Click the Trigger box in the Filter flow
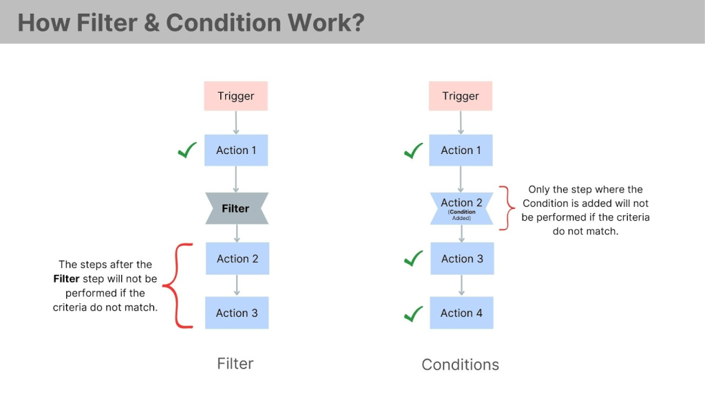tap(235, 96)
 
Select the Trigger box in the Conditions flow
tap(461, 96)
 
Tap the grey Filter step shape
tap(236, 208)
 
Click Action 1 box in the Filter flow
tap(236, 150)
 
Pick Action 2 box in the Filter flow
tap(237, 258)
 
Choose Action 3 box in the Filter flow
tap(237, 313)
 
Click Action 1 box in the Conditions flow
tap(461, 150)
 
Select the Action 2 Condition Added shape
tap(461, 208)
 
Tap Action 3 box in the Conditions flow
tap(461, 258)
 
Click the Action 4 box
tap(461, 313)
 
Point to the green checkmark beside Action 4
tap(413, 313)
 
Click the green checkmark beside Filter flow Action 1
tap(187, 150)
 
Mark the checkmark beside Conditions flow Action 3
tap(413, 258)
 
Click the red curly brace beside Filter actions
tap(182, 285)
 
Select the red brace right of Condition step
tap(508, 208)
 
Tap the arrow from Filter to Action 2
tap(236, 233)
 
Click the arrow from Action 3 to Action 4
tap(461, 285)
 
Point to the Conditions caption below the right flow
tap(460, 364)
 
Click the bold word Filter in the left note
tap(66, 279)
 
